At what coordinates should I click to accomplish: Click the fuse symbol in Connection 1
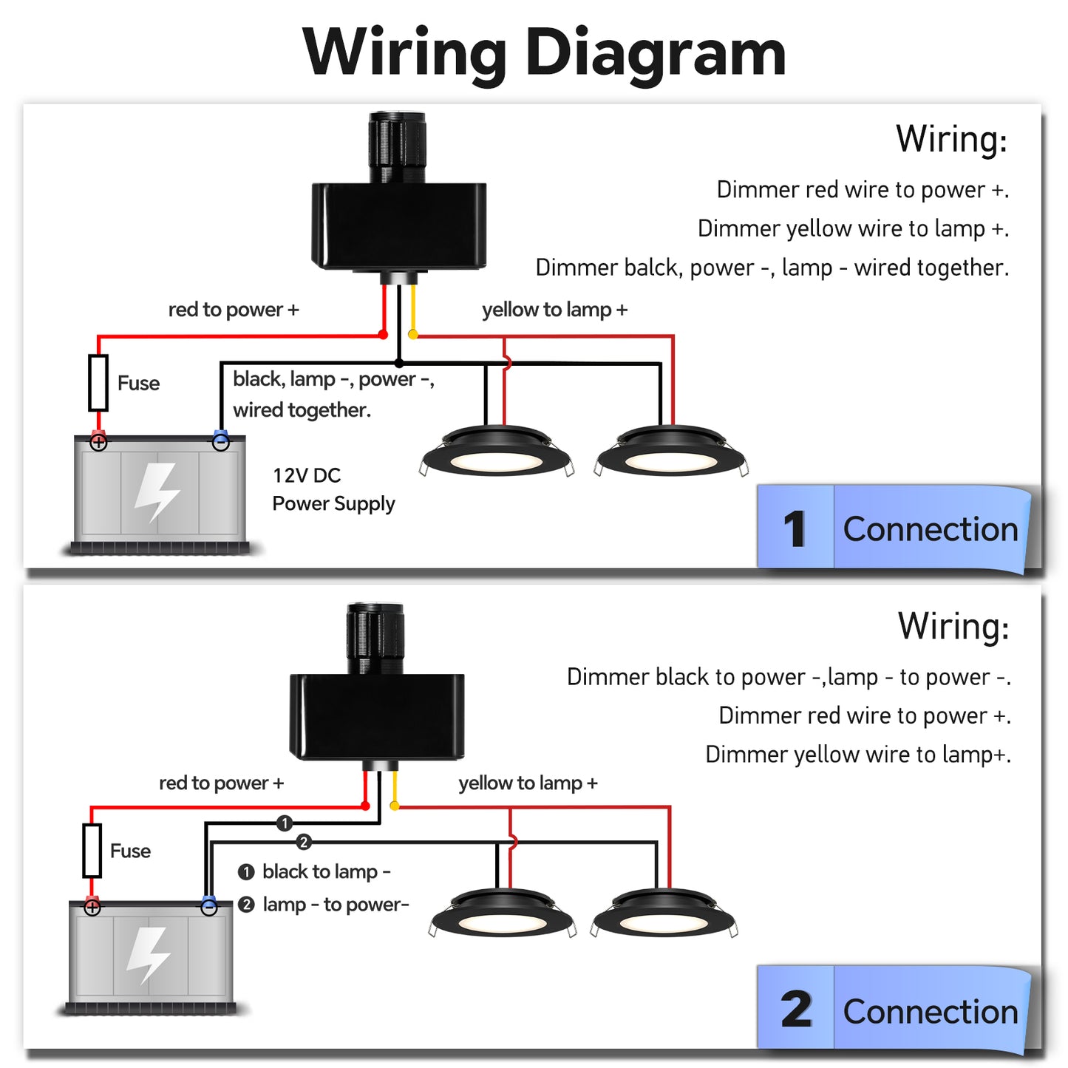(x=98, y=382)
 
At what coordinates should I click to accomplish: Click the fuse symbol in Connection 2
(x=92, y=850)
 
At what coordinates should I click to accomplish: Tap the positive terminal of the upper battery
(x=98, y=442)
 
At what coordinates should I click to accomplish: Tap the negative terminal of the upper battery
(x=220, y=441)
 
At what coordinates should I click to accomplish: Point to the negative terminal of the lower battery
(x=209, y=906)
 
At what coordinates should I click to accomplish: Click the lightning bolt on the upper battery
(x=157, y=492)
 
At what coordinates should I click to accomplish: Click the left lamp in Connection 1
(x=496, y=452)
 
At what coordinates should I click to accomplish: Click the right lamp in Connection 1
(x=671, y=452)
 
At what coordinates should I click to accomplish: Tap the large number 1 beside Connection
(x=795, y=529)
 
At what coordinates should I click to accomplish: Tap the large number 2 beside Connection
(x=796, y=1010)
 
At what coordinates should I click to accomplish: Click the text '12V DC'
(x=307, y=475)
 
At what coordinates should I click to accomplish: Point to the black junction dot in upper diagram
(x=399, y=363)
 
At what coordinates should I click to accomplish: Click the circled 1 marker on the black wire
(x=285, y=823)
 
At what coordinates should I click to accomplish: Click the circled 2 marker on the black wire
(x=304, y=842)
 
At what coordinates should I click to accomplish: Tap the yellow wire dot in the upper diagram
(x=413, y=335)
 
